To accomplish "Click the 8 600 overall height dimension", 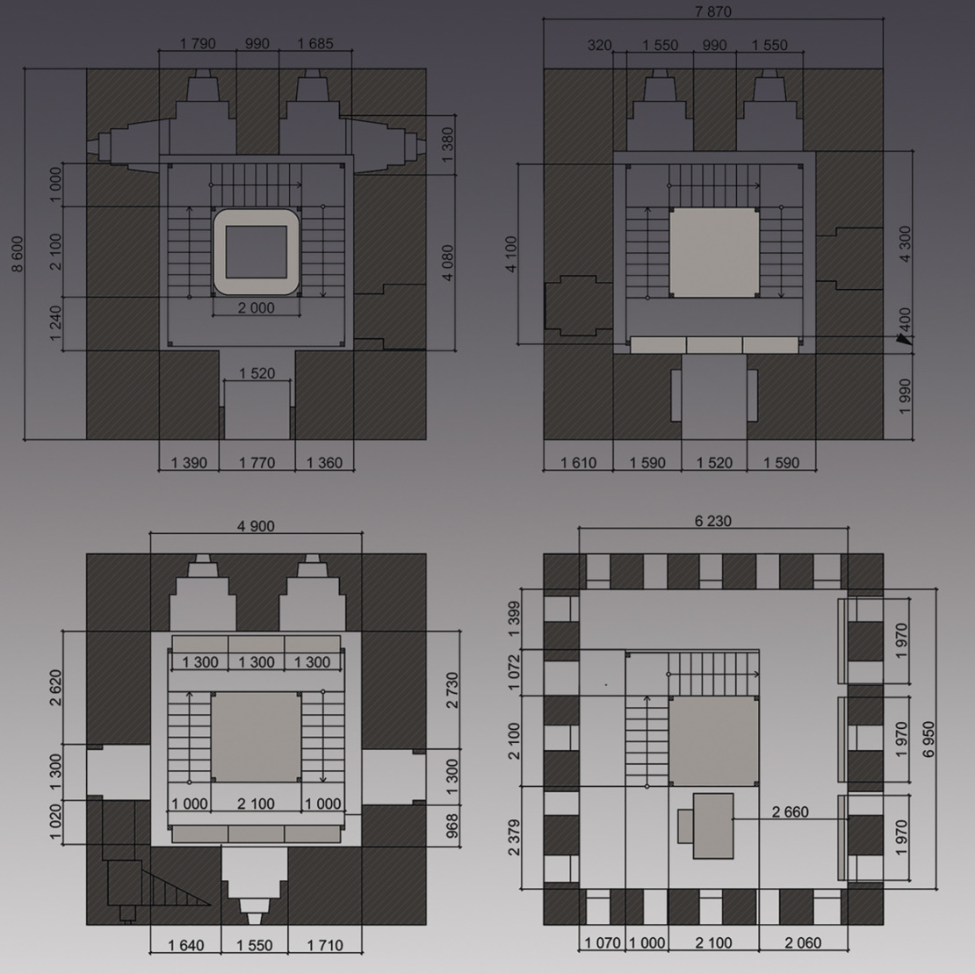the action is [18, 254].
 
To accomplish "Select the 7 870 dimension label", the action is [713, 11].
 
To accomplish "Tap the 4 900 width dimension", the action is [256, 526].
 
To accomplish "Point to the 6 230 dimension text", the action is [712, 521].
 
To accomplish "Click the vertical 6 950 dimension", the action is [928, 739].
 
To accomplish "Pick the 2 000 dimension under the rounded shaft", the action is [256, 307].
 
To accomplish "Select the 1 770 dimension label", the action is [256, 463].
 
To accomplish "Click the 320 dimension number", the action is [599, 45].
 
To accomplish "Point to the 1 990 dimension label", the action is [905, 396].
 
